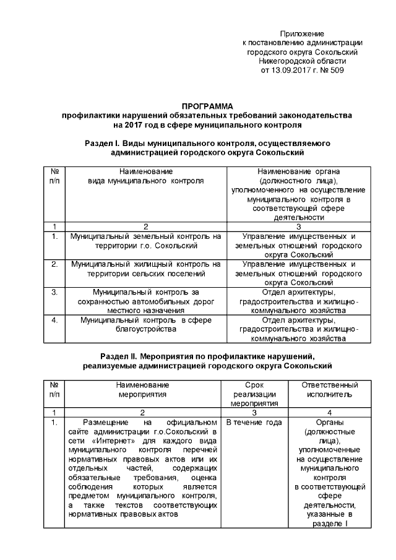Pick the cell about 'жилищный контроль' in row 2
point(145,269)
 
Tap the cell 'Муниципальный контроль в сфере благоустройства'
point(145,325)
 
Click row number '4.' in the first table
point(55,321)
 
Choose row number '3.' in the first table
point(55,292)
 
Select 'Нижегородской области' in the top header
point(302,61)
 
